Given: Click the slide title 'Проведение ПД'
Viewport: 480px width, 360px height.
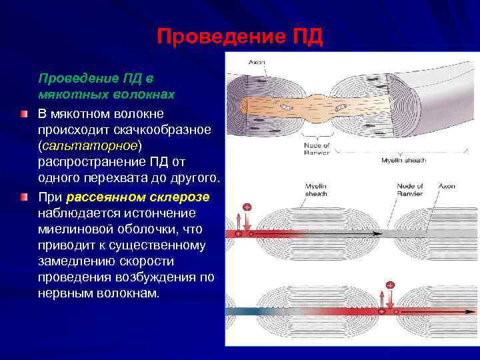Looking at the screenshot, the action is click(x=240, y=37).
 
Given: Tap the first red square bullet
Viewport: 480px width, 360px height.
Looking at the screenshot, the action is click(x=24, y=114).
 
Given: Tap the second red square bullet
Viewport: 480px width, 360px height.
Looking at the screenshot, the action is click(x=24, y=198).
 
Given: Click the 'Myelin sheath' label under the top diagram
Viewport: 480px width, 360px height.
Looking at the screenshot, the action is click(x=403, y=161).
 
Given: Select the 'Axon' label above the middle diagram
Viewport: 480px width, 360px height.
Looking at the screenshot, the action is click(x=447, y=186).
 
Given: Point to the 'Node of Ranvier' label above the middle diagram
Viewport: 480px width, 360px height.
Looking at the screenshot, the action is click(x=409, y=189).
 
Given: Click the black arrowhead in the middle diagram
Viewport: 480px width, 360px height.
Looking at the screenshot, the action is click(x=377, y=235).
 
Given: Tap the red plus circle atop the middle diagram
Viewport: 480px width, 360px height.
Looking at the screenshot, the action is click(x=247, y=207).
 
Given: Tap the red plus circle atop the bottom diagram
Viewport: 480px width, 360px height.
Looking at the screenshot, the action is click(x=390, y=285).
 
